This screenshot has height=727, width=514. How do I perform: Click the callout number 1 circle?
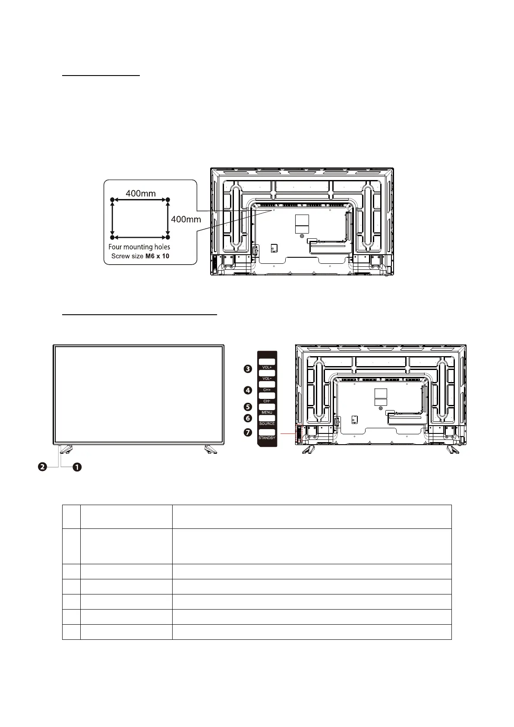point(77,467)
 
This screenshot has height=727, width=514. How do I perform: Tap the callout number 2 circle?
point(42,467)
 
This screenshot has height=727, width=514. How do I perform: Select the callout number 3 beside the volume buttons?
point(248,369)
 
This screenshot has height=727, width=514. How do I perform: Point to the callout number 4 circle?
point(248,390)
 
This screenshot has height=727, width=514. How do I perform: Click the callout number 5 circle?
point(248,407)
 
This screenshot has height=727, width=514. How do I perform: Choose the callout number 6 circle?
point(248,418)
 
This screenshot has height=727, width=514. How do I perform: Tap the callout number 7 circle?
point(248,432)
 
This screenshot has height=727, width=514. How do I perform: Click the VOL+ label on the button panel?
point(267,367)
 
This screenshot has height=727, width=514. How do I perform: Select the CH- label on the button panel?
point(267,401)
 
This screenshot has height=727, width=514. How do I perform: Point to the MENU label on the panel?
point(267,413)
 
